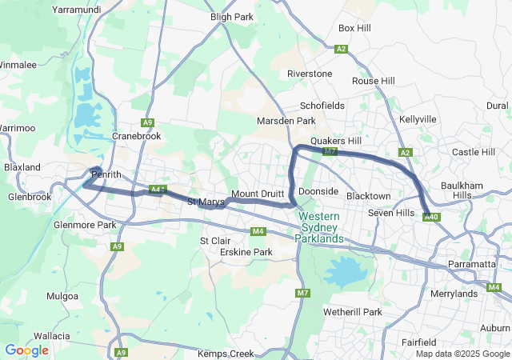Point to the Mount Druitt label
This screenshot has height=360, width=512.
pos(258,194)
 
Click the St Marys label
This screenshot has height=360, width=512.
pos(206,202)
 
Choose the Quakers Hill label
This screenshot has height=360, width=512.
pos(336,139)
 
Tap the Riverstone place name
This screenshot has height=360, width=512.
pos(310,74)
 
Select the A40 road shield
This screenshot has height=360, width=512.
pos(431,217)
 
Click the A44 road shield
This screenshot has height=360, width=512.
pos(157,190)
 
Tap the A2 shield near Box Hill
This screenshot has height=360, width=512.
pos(342,49)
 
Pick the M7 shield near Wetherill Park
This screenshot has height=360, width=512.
pos(302,294)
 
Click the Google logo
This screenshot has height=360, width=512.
pos(26,350)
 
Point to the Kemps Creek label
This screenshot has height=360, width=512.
pos(225,354)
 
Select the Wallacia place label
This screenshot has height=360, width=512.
pos(53,337)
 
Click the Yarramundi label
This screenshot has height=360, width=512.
pos(76,9)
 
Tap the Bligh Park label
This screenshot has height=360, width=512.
pos(231,16)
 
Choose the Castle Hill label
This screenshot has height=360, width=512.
pos(474,152)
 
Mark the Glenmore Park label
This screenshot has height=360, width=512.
pos(84,225)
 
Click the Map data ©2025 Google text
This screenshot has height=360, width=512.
pos(462,354)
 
